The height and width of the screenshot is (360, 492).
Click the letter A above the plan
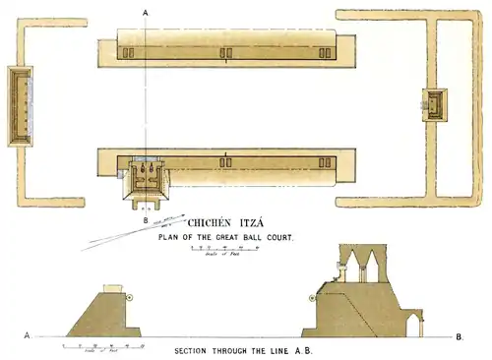point(146,11)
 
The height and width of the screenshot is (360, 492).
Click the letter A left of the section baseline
point(27,335)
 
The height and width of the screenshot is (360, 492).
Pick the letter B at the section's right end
point(461,336)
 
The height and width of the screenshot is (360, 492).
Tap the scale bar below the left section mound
point(103,345)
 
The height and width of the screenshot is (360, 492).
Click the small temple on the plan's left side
point(20,105)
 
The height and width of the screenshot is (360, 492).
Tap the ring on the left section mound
point(130,295)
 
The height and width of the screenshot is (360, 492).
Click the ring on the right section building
point(312,296)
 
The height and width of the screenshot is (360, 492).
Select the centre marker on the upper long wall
point(225,62)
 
